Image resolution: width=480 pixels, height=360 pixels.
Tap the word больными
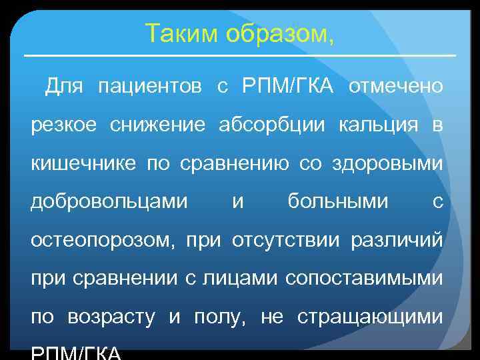pos(337,201)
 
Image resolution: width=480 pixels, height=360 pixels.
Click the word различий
pos(402,240)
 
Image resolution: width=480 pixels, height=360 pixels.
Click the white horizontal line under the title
pos(239,55)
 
